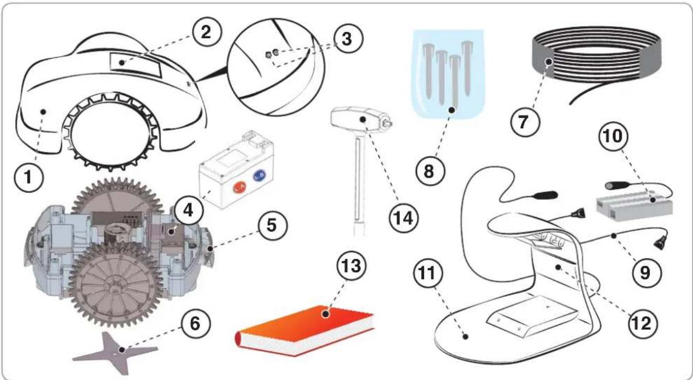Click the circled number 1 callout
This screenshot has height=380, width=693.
pos(29,177)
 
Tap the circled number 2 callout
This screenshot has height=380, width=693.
pos(206,32)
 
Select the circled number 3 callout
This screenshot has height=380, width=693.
pos(347,39)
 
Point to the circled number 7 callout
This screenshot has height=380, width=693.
pos(525,121)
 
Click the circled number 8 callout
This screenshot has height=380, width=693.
pos(430,171)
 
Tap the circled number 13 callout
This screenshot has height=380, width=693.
pos(351,265)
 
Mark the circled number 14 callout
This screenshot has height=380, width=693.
pos(403,218)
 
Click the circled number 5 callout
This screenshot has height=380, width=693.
pos(272,225)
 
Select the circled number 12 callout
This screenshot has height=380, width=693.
pos(643,323)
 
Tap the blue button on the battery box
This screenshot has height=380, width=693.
pos(259,176)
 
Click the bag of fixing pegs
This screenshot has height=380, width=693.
pos(448,74)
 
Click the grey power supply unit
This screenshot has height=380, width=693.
pos(634,206)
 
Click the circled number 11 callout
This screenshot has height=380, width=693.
pos(428,273)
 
